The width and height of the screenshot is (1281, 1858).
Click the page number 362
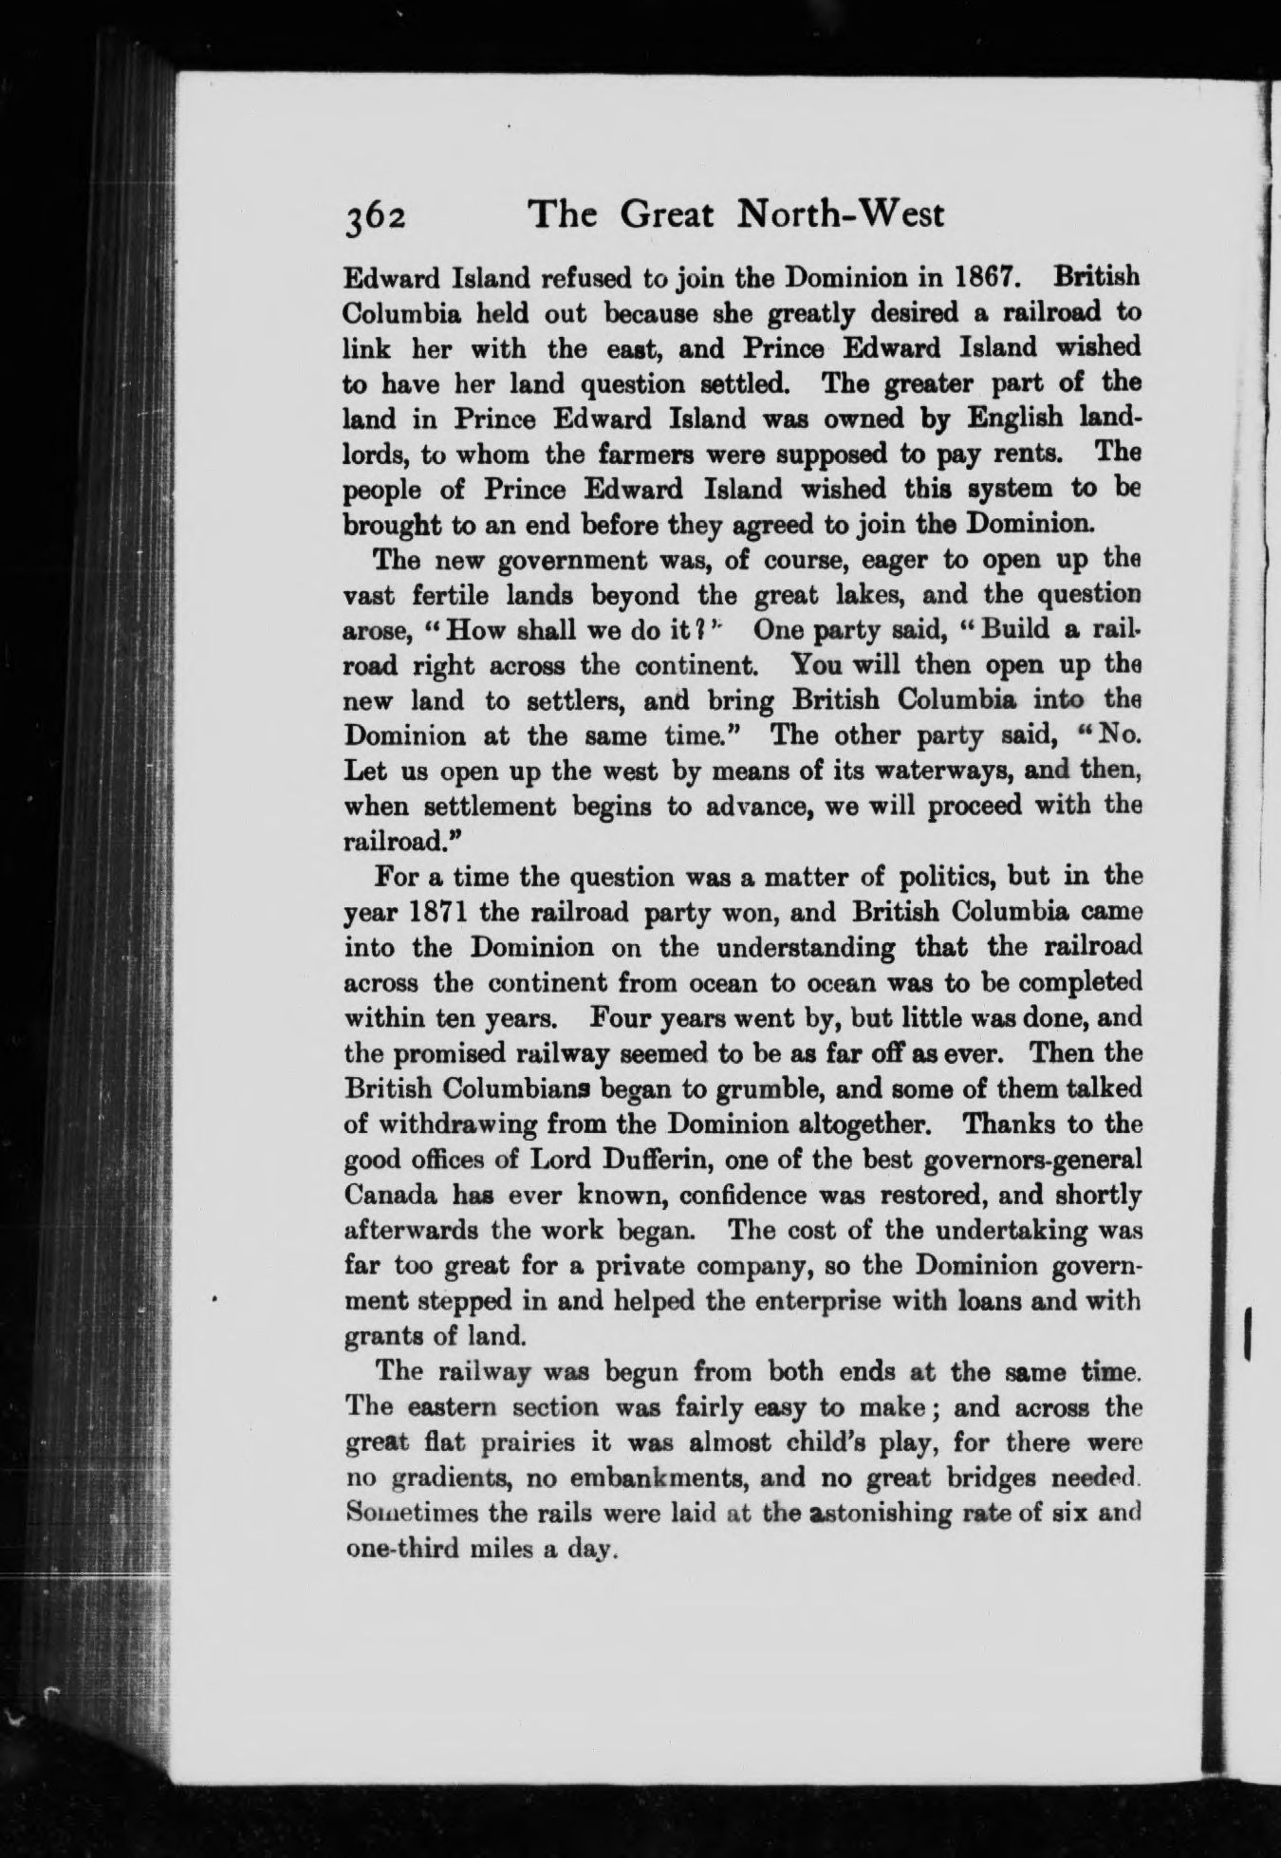375,216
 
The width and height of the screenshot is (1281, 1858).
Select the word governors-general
1006,1160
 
